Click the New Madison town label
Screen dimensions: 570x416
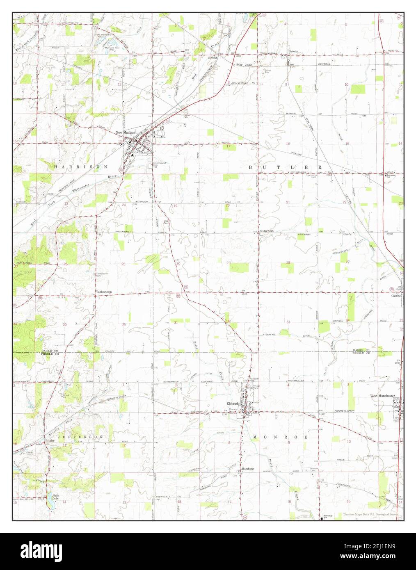tap(125, 132)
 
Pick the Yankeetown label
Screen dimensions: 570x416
tap(104, 292)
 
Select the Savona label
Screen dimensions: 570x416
tap(293, 51)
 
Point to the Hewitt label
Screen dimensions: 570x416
tap(212, 58)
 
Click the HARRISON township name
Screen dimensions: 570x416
tap(80, 167)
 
